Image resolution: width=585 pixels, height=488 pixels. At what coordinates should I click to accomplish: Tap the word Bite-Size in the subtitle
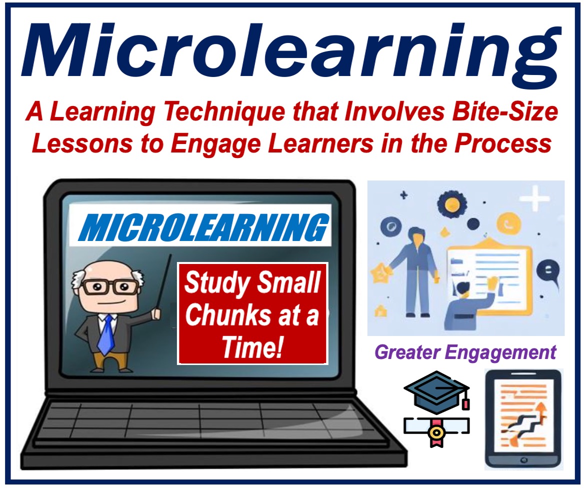coord(505,111)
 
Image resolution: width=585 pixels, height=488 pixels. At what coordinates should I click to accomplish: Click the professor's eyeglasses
coord(111,287)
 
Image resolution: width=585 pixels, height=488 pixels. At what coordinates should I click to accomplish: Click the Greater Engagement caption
coord(465,352)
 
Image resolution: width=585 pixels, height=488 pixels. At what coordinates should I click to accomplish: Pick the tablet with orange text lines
coord(523,419)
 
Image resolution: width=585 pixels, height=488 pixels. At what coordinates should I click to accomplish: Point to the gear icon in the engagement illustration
coord(452,203)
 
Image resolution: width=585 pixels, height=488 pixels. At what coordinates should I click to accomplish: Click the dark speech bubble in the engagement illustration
coord(548,271)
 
